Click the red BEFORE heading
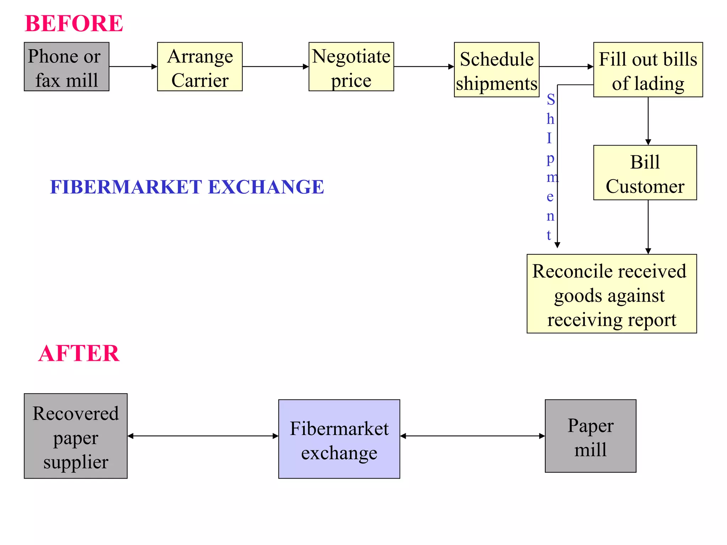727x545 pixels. click(74, 23)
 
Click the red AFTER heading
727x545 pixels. click(79, 353)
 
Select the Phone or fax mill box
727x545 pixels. click(66, 67)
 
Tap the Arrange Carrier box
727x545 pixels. click(200, 67)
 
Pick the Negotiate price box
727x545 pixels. click(351, 67)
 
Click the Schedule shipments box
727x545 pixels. click(496, 70)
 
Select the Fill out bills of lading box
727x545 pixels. click(648, 70)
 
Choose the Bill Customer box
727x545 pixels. click(645, 173)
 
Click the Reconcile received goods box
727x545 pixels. click(611, 294)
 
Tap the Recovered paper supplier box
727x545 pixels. click(76, 436)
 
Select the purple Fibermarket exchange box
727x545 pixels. click(339, 439)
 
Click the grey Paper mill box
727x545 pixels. click(590, 436)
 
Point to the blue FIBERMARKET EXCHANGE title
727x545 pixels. click(187, 187)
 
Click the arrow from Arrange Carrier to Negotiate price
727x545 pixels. click(275, 66)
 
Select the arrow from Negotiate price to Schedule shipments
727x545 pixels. click(424, 66)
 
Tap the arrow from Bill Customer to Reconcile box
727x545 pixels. click(648, 227)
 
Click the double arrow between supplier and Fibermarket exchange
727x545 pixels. click(203, 436)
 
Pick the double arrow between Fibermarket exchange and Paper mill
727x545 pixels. click(472, 436)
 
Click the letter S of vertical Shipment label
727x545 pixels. click(551, 100)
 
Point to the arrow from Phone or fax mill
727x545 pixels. click(133, 66)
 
